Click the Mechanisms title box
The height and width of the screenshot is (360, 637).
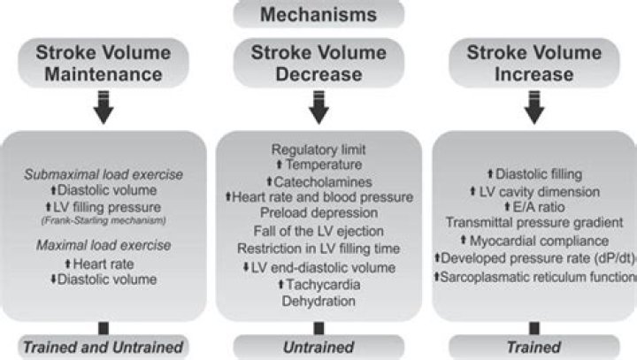click(318, 13)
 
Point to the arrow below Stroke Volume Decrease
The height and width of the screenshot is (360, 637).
click(318, 109)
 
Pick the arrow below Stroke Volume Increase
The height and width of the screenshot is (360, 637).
click(533, 109)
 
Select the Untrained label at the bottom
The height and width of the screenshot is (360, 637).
click(318, 347)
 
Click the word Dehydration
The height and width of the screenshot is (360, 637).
click(318, 301)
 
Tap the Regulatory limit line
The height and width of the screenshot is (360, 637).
click(318, 148)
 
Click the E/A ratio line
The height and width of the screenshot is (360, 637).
click(533, 205)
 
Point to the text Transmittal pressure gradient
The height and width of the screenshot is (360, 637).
click(533, 222)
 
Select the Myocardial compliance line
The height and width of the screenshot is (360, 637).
click(533, 241)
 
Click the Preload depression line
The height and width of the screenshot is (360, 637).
click(318, 212)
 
